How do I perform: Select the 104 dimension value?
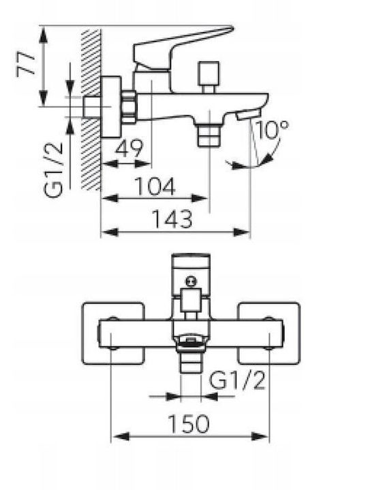pyautogui.click(x=155, y=186)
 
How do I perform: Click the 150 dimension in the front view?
pyautogui.click(x=189, y=424)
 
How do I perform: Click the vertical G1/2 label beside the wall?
pyautogui.click(x=53, y=170)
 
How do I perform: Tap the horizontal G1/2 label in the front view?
pyautogui.click(x=237, y=380)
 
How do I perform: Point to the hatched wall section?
pyautogui.click(x=91, y=110)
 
